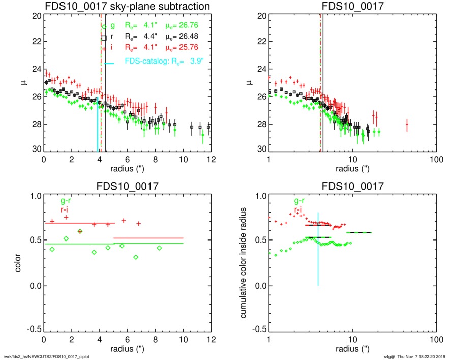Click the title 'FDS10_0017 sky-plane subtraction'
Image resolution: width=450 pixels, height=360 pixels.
128,6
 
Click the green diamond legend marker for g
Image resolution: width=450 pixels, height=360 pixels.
104,26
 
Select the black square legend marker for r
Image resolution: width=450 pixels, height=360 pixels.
104,37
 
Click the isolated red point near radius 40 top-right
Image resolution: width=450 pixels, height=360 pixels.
407,124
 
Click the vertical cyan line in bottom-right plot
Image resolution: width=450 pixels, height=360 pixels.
318,254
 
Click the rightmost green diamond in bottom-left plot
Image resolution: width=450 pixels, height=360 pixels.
159,248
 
